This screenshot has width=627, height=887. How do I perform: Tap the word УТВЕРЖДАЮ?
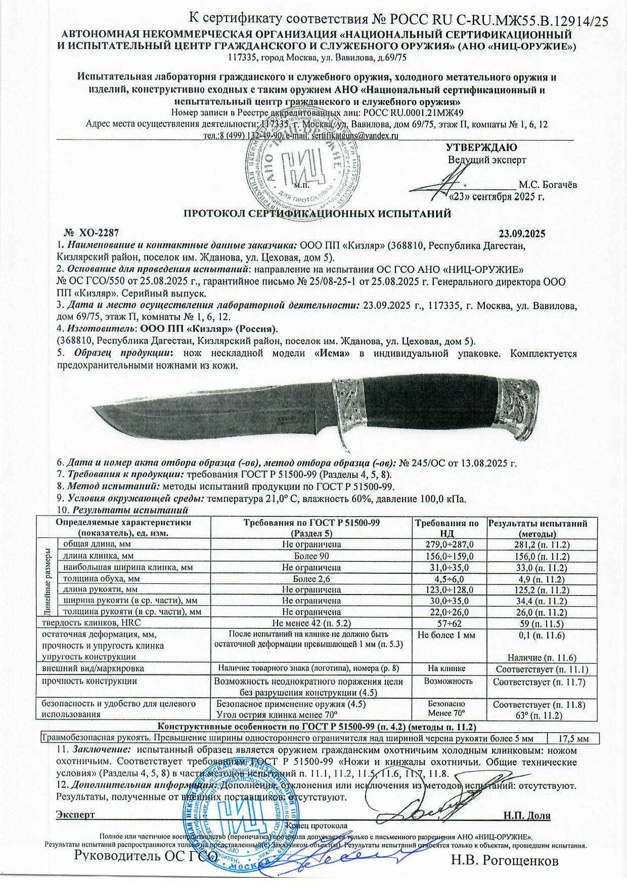click(481, 148)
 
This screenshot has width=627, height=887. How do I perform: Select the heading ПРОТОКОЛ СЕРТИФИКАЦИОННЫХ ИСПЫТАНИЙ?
click(317, 214)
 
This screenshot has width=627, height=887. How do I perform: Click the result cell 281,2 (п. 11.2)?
click(538, 544)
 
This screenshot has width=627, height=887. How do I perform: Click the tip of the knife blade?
click(96, 410)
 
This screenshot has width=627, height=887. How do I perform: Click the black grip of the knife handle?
click(435, 400)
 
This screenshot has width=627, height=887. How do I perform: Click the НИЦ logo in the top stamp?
click(303, 166)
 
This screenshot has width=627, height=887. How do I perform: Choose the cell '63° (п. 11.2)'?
click(538, 714)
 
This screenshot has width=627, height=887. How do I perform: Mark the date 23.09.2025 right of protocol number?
click(522, 234)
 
